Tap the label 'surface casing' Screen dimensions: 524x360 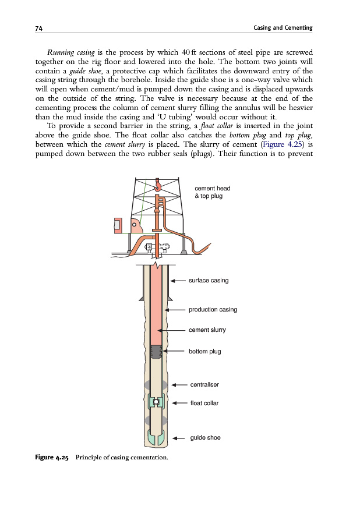[209, 281]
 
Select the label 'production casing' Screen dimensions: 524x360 [213, 310]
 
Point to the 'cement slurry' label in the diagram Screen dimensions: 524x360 [207, 330]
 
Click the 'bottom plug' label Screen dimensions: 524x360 [204, 352]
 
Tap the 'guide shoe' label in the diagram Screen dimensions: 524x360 [205, 438]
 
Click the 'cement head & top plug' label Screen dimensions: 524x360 [212, 192]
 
